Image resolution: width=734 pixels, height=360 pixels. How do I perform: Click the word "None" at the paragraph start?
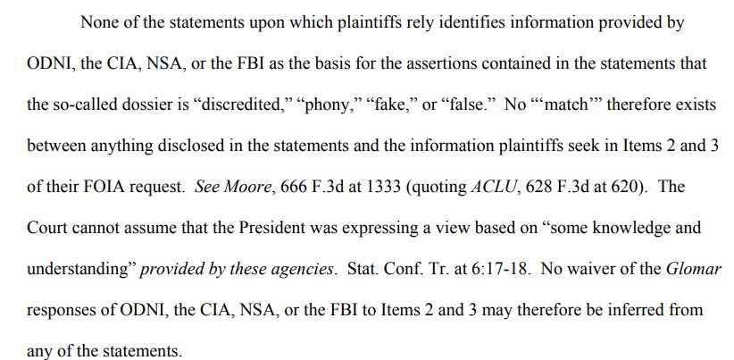99,22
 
